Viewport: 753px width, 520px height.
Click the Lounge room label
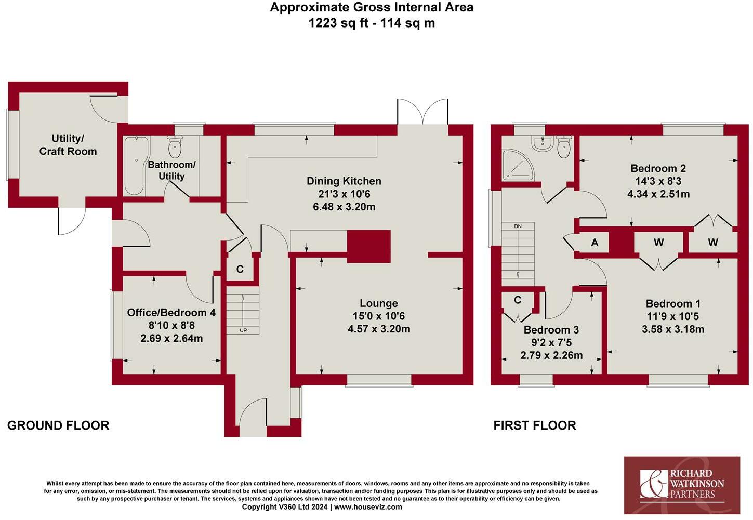pos(378,303)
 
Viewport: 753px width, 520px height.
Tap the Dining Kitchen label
pos(344,181)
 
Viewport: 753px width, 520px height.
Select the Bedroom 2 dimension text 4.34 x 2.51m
pos(658,194)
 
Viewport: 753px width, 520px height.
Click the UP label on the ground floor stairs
pos(243,330)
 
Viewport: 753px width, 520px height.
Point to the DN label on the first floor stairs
pos(518,226)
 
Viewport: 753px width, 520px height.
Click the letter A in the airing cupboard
pos(595,243)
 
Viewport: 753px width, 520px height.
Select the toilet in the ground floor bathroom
pos(175,146)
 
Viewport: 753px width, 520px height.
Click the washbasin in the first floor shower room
pos(542,144)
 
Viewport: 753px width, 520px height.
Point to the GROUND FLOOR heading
pos(58,425)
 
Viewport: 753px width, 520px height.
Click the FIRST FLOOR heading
pos(535,425)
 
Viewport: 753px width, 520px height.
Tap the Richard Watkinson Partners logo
pos(682,485)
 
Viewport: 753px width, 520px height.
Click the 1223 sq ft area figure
pos(341,23)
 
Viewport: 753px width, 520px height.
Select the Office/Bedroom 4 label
pos(171,313)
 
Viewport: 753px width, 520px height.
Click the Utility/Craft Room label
pos(68,145)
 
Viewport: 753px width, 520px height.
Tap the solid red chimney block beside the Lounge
pos(369,246)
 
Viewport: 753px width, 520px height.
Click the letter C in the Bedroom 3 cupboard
pos(518,300)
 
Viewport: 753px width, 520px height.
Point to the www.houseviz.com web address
pos(368,507)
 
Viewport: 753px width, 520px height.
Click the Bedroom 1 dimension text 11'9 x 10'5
pos(673,316)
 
